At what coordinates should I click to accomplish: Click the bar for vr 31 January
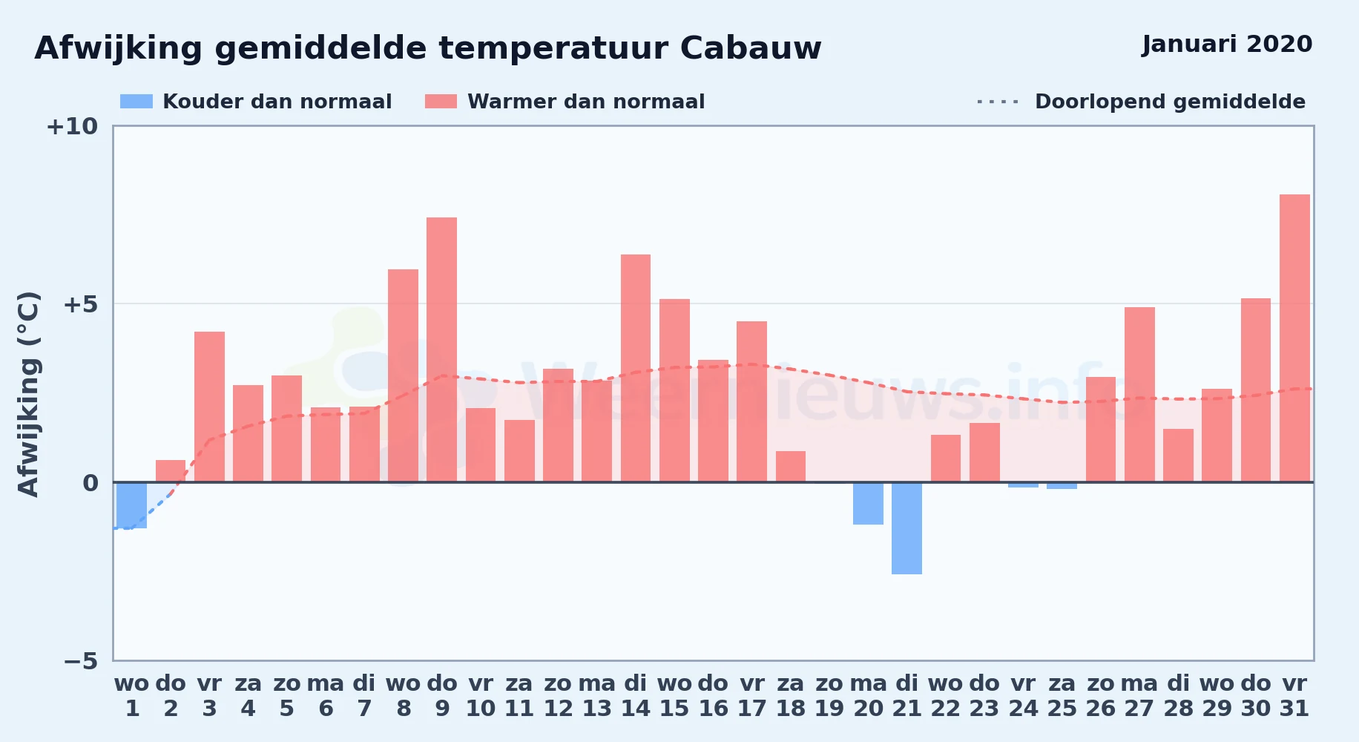pos(1294,338)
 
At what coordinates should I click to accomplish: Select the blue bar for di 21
pos(906,528)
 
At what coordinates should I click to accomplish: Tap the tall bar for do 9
pos(441,349)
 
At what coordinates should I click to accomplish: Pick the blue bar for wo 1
pos(131,505)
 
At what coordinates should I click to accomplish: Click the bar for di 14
pos(636,368)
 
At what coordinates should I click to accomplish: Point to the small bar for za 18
pos(791,467)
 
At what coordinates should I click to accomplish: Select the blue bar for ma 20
pos(868,503)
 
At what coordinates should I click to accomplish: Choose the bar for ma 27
pos(1139,395)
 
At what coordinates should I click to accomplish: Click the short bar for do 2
pos(171,471)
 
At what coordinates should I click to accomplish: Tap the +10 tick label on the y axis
pos(72,126)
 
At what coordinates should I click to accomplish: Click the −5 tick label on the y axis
pos(81,660)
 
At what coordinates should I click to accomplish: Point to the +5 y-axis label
pos(81,304)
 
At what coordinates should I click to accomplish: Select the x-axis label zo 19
pos(829,695)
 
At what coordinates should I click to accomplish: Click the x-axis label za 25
pos(1062,695)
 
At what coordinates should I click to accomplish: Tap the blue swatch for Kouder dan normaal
pos(136,102)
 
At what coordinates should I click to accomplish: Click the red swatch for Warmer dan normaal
pos(441,102)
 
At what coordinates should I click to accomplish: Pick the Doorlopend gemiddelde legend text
pos(1170,102)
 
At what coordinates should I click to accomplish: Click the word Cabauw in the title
pos(751,48)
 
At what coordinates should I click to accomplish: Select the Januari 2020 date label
pos(1227,44)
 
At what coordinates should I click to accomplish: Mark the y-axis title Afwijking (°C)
pos(28,394)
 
